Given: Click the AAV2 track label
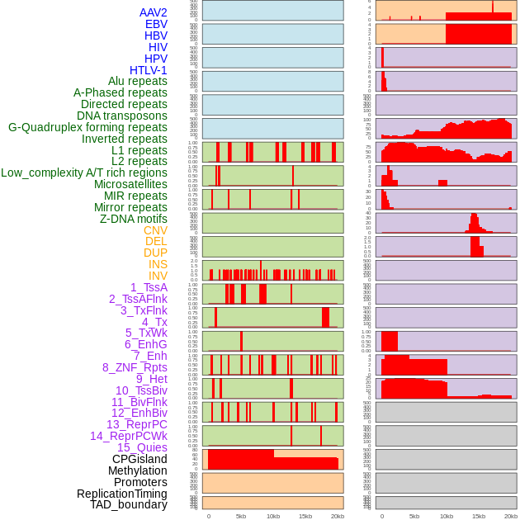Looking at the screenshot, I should coord(154,12).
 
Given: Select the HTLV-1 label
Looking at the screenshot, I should coord(149,70).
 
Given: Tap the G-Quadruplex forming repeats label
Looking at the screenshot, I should coord(87,127).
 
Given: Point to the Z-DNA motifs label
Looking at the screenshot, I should coord(134,219).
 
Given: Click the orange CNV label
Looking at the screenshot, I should coord(155,230).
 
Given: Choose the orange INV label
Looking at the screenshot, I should coord(158,276).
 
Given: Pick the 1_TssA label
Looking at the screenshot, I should coord(149,287).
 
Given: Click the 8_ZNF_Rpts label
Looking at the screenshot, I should coord(135,367).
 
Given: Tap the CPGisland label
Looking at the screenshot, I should coord(139,459).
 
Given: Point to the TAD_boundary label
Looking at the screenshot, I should coord(129,504).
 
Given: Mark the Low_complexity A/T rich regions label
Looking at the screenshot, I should coord(84,173).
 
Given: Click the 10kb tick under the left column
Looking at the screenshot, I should coord(273,516).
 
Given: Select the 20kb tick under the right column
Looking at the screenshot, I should coord(511,516).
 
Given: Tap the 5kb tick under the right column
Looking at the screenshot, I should coord(414,516).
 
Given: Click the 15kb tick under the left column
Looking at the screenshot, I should coord(305,516).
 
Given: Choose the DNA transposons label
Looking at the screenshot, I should coord(122,116).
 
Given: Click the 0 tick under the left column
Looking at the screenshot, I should coord(209,516).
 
